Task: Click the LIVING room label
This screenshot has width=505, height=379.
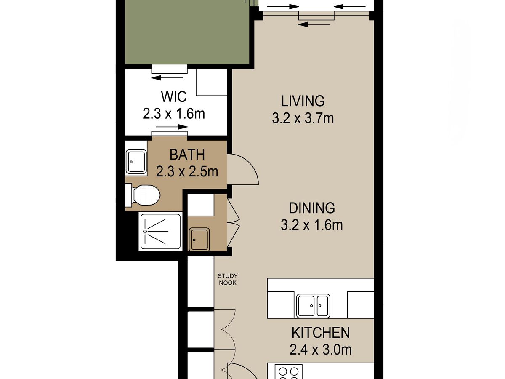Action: click(x=303, y=101)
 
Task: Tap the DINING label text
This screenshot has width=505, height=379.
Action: click(x=312, y=208)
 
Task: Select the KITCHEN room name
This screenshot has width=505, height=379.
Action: click(x=321, y=333)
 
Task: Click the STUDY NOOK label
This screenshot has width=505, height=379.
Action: click(x=228, y=279)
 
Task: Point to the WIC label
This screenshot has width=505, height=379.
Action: click(x=174, y=97)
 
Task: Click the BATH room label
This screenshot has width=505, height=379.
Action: click(x=187, y=155)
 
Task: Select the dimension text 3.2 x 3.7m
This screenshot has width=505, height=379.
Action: click(x=303, y=118)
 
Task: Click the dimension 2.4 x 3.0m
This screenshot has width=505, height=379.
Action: click(x=321, y=350)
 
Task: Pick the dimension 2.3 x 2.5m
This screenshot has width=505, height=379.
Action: click(x=187, y=172)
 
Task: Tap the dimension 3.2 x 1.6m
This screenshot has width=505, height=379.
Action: click(x=312, y=225)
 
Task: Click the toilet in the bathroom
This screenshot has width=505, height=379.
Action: click(x=143, y=195)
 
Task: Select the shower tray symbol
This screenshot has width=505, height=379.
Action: click(x=160, y=232)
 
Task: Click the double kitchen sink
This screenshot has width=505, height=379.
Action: click(x=313, y=306)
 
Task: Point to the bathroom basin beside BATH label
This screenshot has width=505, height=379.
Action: click(x=136, y=162)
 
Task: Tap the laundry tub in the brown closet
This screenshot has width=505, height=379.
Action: click(x=199, y=240)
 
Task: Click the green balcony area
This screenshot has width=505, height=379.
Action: click(x=187, y=32)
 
